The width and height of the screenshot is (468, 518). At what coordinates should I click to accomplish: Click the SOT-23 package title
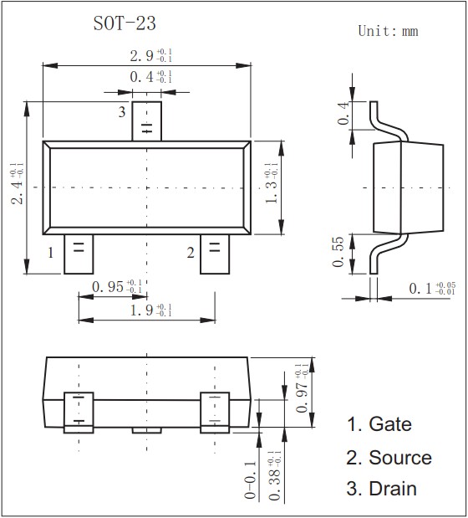click(x=125, y=23)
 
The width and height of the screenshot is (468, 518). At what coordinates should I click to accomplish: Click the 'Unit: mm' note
click(x=388, y=31)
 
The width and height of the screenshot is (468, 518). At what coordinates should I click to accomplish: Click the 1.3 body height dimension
click(x=270, y=187)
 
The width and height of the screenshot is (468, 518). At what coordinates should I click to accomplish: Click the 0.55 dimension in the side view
click(x=338, y=252)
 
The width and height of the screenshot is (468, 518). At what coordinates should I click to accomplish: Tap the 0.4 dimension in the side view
click(x=341, y=113)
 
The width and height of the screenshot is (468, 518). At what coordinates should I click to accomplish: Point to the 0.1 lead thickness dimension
click(x=431, y=289)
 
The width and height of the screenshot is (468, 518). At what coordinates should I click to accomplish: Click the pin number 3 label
click(x=121, y=112)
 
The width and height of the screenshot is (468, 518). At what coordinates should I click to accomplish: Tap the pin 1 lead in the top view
click(x=79, y=253)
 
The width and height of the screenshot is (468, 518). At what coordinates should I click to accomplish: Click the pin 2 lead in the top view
click(x=215, y=253)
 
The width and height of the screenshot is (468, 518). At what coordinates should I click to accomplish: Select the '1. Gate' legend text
click(x=379, y=424)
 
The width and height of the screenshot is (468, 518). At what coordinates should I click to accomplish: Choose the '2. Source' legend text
click(x=389, y=458)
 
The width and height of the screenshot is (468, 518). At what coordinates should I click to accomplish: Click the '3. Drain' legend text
click(x=382, y=490)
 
